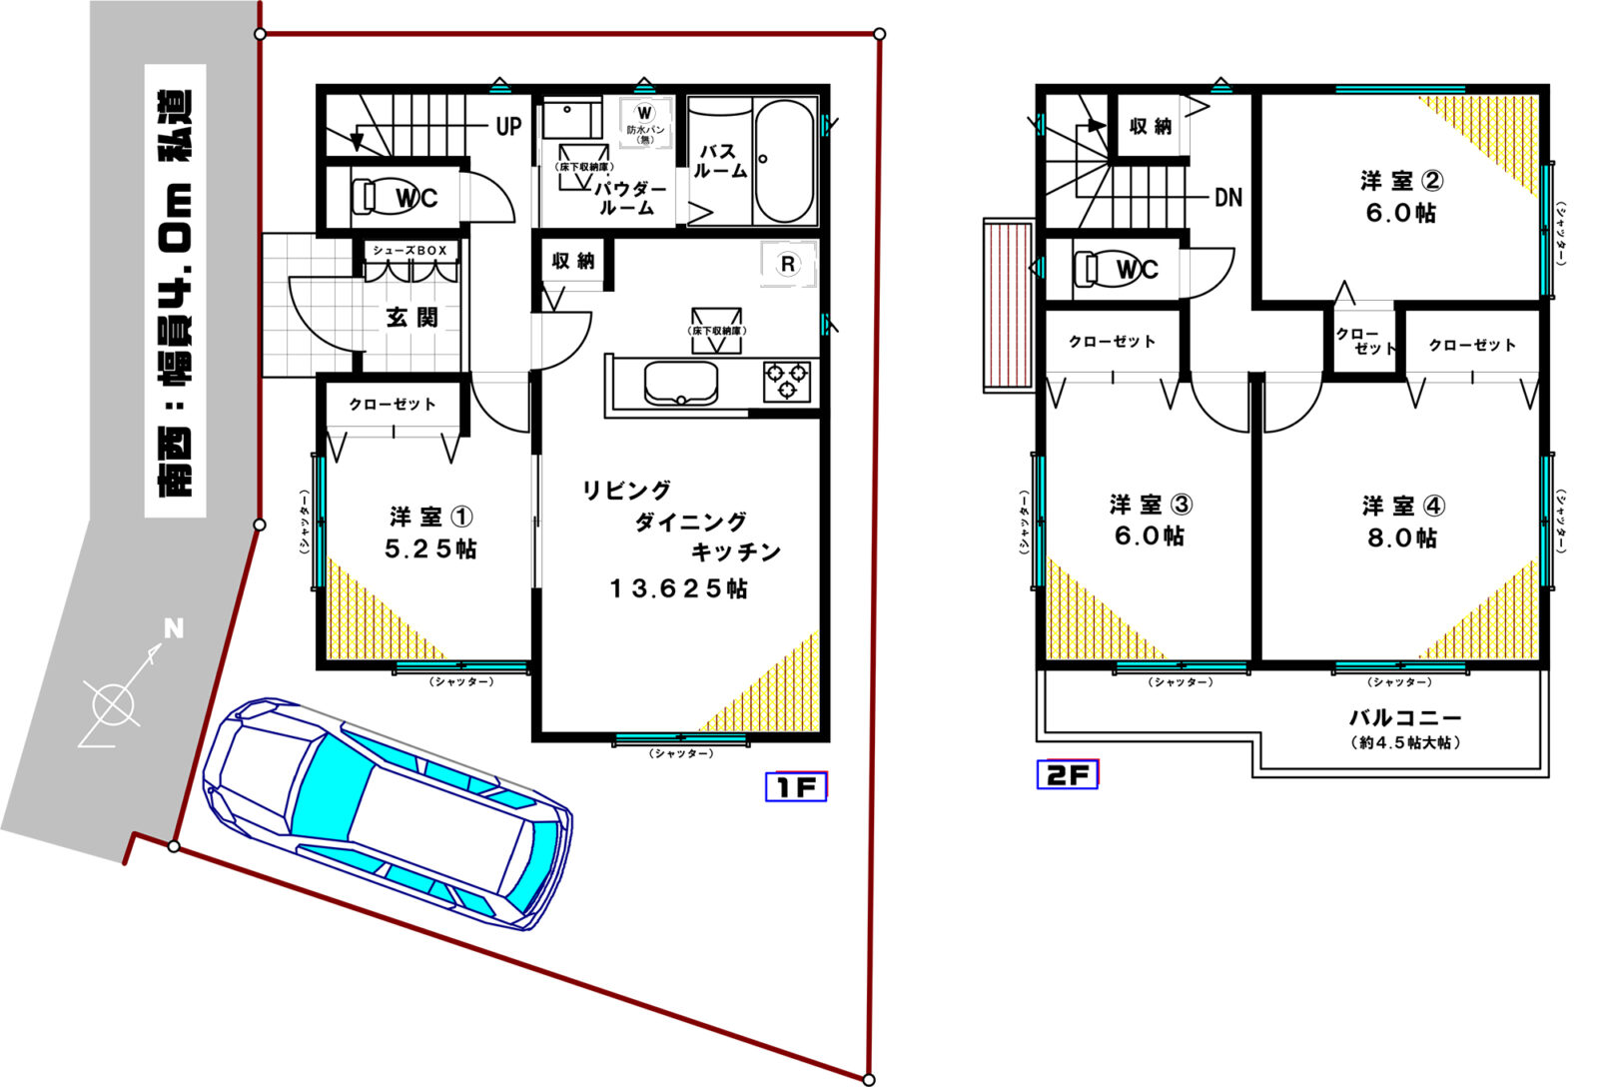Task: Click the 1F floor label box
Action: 796,787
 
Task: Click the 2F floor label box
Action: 1067,774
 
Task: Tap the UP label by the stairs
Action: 508,127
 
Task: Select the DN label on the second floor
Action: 1227,197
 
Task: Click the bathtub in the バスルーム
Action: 783,162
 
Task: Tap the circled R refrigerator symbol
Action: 788,264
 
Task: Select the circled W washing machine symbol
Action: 644,112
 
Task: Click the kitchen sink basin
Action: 680,383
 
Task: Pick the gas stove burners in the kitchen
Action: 786,380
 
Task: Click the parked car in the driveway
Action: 388,812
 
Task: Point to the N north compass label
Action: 174,628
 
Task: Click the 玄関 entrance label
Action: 412,318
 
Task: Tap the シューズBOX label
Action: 409,250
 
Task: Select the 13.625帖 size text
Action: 678,589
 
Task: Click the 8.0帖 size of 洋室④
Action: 1402,539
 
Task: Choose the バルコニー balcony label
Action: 1404,717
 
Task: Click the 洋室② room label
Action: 1400,181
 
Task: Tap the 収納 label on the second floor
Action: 1150,126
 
